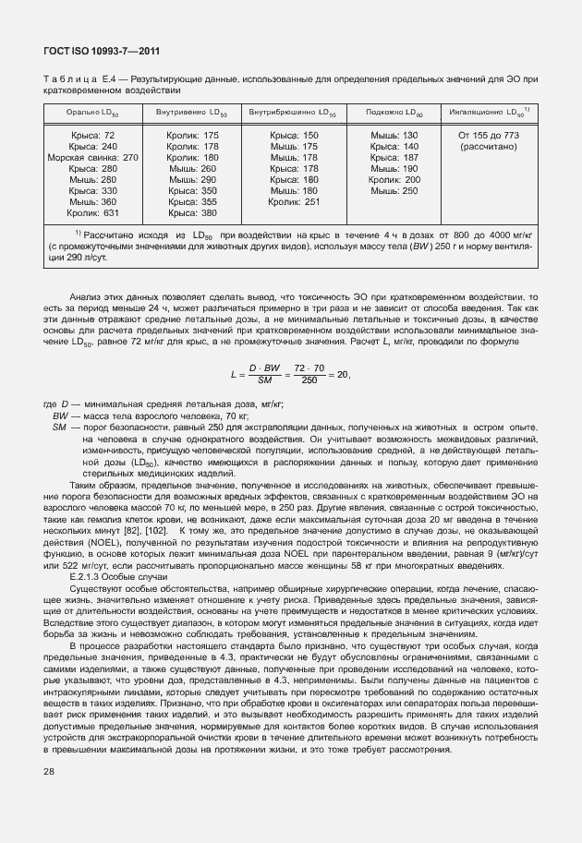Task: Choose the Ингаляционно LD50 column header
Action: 491,114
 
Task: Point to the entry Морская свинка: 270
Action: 92,158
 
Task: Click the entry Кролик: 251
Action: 293,201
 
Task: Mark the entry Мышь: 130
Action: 394,136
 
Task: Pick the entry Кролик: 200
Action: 394,180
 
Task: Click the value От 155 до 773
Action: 489,136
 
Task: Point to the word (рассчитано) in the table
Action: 489,147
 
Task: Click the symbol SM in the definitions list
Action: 58,428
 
